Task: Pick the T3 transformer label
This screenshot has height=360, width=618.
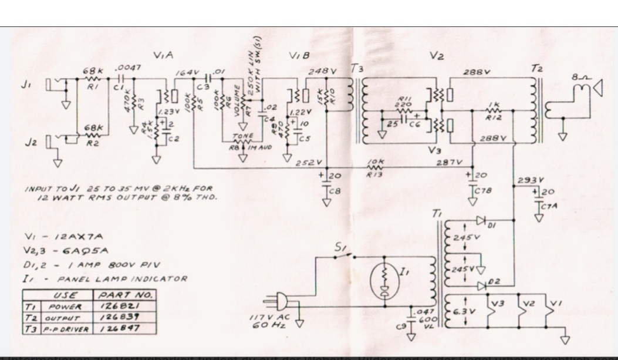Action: tap(356, 69)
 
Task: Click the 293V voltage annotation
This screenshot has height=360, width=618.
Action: tap(531, 180)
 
